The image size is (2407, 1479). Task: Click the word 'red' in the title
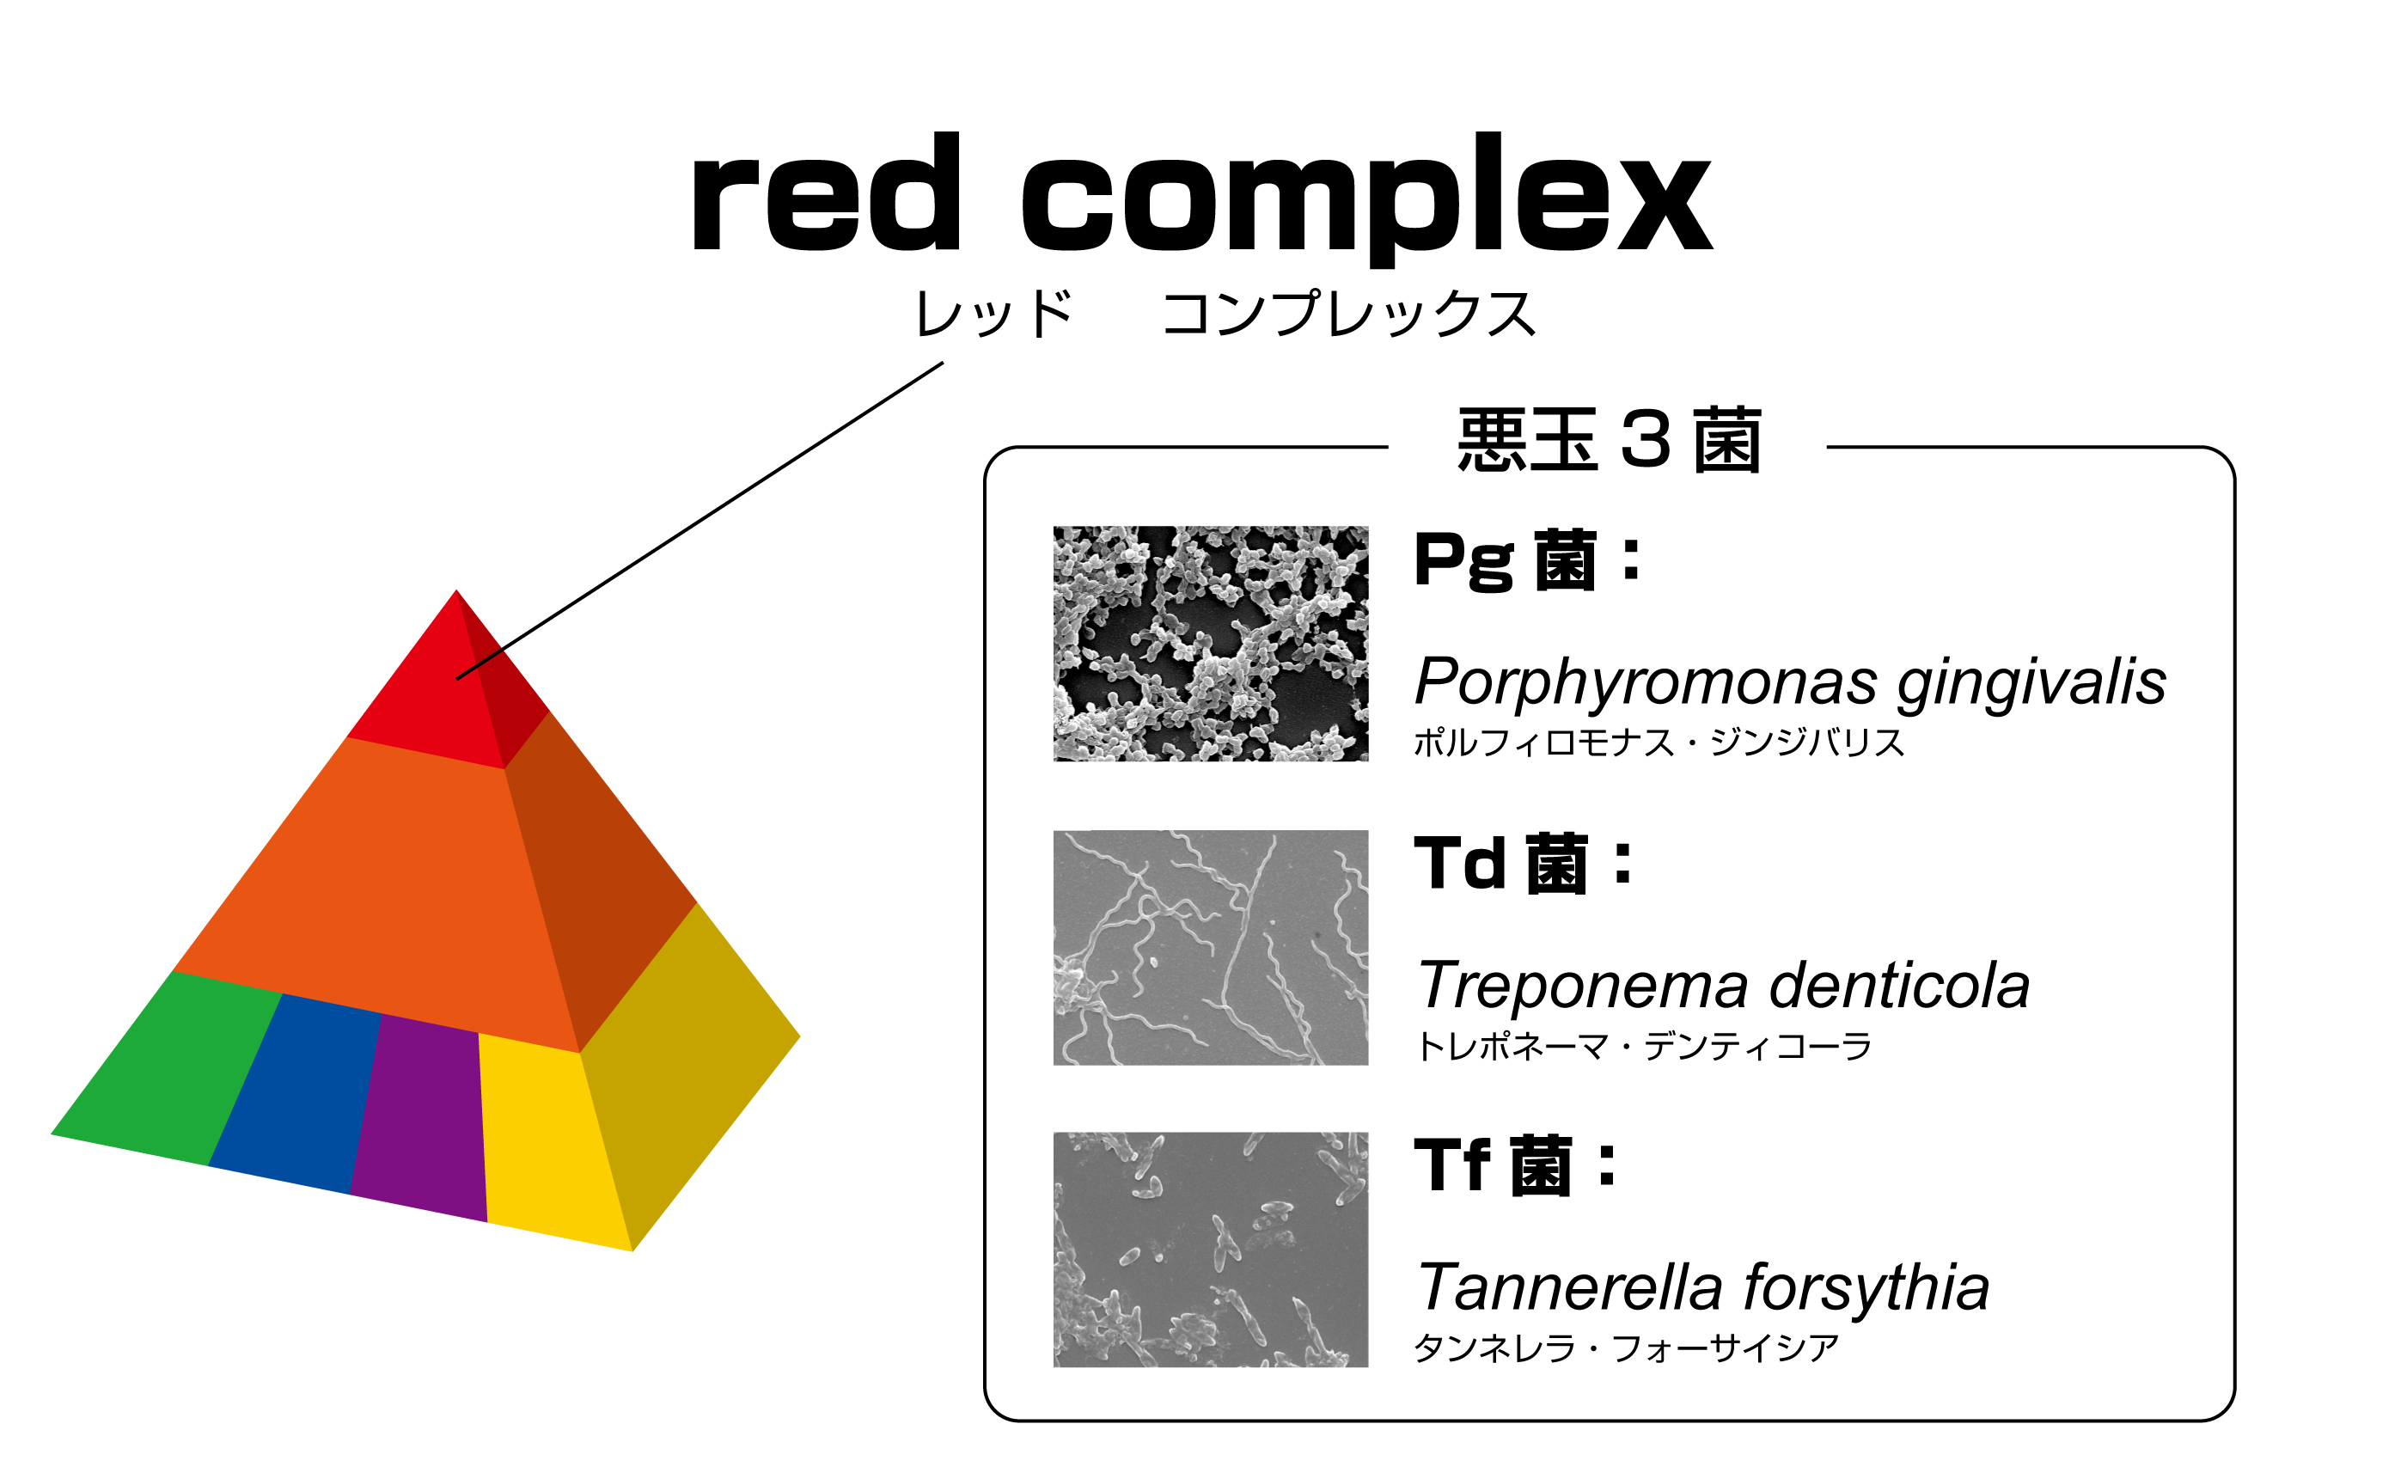point(827,195)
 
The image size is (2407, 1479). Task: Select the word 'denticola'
point(1898,985)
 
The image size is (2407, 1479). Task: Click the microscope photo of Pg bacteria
point(1210,644)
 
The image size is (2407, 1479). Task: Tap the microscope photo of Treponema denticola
point(1210,947)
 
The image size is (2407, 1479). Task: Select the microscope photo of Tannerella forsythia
point(1210,1250)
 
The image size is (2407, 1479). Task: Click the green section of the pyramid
point(166,1071)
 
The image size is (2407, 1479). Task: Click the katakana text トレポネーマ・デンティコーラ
point(1643,1047)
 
